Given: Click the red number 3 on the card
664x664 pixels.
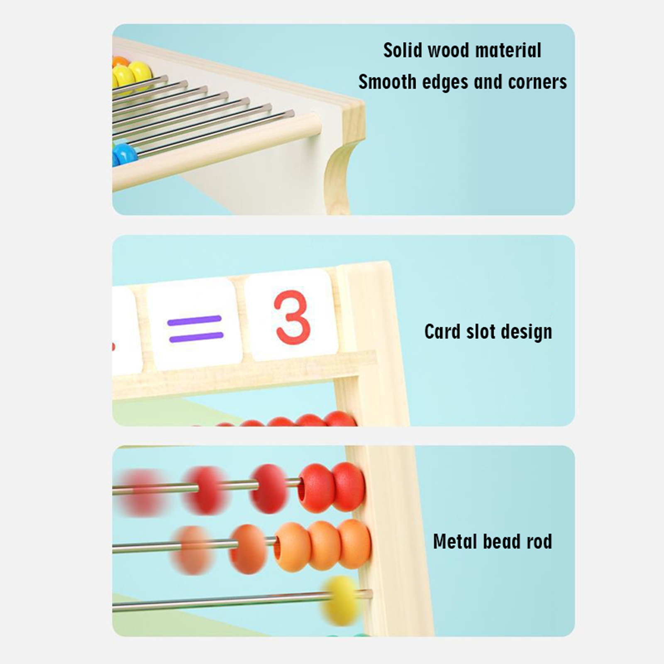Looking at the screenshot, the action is coord(292,318).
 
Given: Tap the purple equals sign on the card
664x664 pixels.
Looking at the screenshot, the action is coord(195,329).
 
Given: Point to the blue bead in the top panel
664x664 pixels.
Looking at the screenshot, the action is coord(124,154).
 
